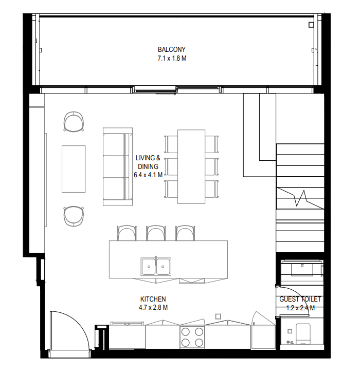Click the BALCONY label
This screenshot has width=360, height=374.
tap(171, 49)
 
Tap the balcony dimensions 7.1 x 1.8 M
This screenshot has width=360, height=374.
tap(172, 58)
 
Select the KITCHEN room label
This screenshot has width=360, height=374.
tap(153, 299)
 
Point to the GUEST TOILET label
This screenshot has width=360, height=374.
tap(300, 299)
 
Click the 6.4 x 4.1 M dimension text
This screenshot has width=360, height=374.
tap(148, 175)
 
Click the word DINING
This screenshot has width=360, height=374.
tap(148, 166)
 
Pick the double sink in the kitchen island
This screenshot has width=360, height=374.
tap(156, 266)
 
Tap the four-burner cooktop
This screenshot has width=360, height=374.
tap(192, 337)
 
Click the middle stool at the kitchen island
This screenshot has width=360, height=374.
tap(156, 233)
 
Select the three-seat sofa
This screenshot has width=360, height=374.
tap(117, 166)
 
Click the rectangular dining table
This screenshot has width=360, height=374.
tap(191, 166)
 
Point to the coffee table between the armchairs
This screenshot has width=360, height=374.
tap(74, 169)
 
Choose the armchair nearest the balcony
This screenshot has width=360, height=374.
tap(74, 121)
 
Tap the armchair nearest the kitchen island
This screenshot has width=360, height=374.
tap(74, 216)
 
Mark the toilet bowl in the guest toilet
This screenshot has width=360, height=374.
tap(303, 334)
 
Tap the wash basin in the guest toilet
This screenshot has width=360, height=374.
tap(302, 269)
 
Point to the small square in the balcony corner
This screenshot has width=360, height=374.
tap(311, 25)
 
